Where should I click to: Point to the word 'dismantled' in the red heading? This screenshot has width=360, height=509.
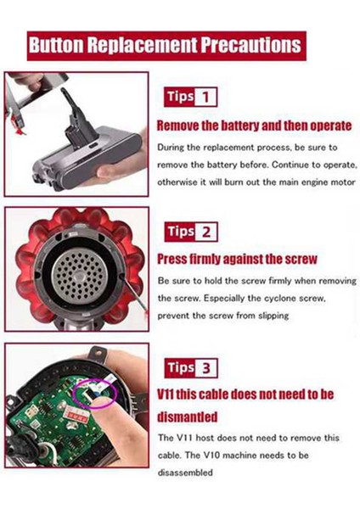191,417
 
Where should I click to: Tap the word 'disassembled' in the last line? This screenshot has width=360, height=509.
186,473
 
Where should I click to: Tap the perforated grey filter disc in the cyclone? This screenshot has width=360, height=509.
76,271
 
